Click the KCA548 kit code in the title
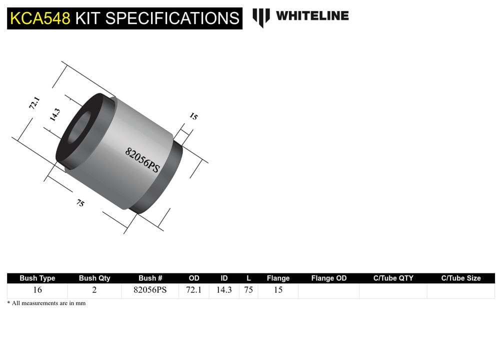click(40, 18)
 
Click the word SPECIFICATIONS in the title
click(172, 18)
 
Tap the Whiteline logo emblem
click(260, 17)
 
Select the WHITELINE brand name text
click(312, 15)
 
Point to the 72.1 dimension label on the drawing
click(33, 104)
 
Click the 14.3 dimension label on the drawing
click(54, 115)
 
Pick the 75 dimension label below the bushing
click(80, 203)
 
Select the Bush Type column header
click(37, 278)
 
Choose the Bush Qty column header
click(94, 278)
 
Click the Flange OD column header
click(328, 278)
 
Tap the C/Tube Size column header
click(460, 278)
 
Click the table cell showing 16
click(37, 290)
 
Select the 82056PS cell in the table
click(150, 290)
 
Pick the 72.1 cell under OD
click(193, 290)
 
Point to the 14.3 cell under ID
click(223, 290)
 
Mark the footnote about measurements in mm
click(46, 303)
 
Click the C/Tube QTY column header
click(393, 278)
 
